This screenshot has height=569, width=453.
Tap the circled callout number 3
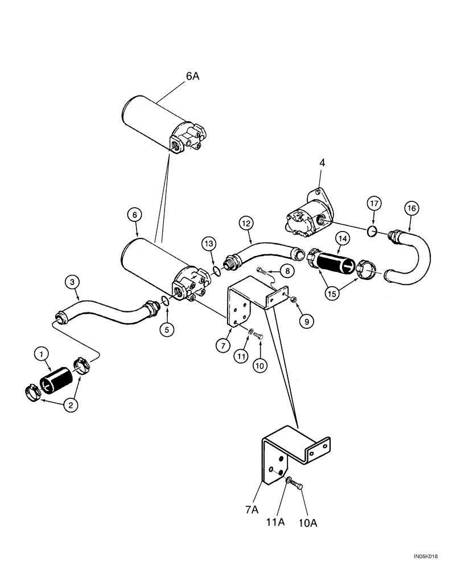coord(72,281)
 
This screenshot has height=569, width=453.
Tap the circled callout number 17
coord(373,203)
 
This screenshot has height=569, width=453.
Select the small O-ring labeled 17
coord(371,230)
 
